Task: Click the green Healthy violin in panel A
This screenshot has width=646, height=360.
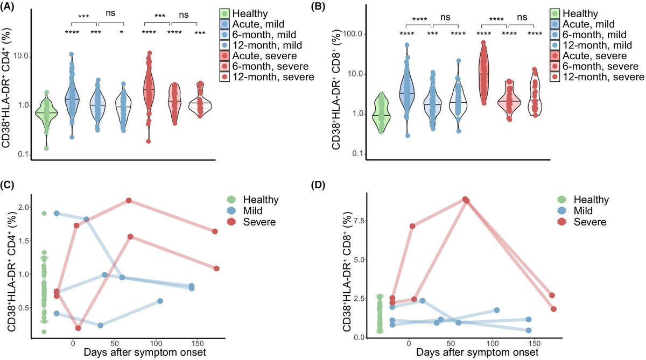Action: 46,114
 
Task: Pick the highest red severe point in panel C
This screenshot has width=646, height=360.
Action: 129,201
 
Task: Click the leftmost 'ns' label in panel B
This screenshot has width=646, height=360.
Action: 445,17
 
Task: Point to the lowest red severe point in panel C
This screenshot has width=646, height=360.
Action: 79,328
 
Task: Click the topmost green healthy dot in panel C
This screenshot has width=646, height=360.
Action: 44,213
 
